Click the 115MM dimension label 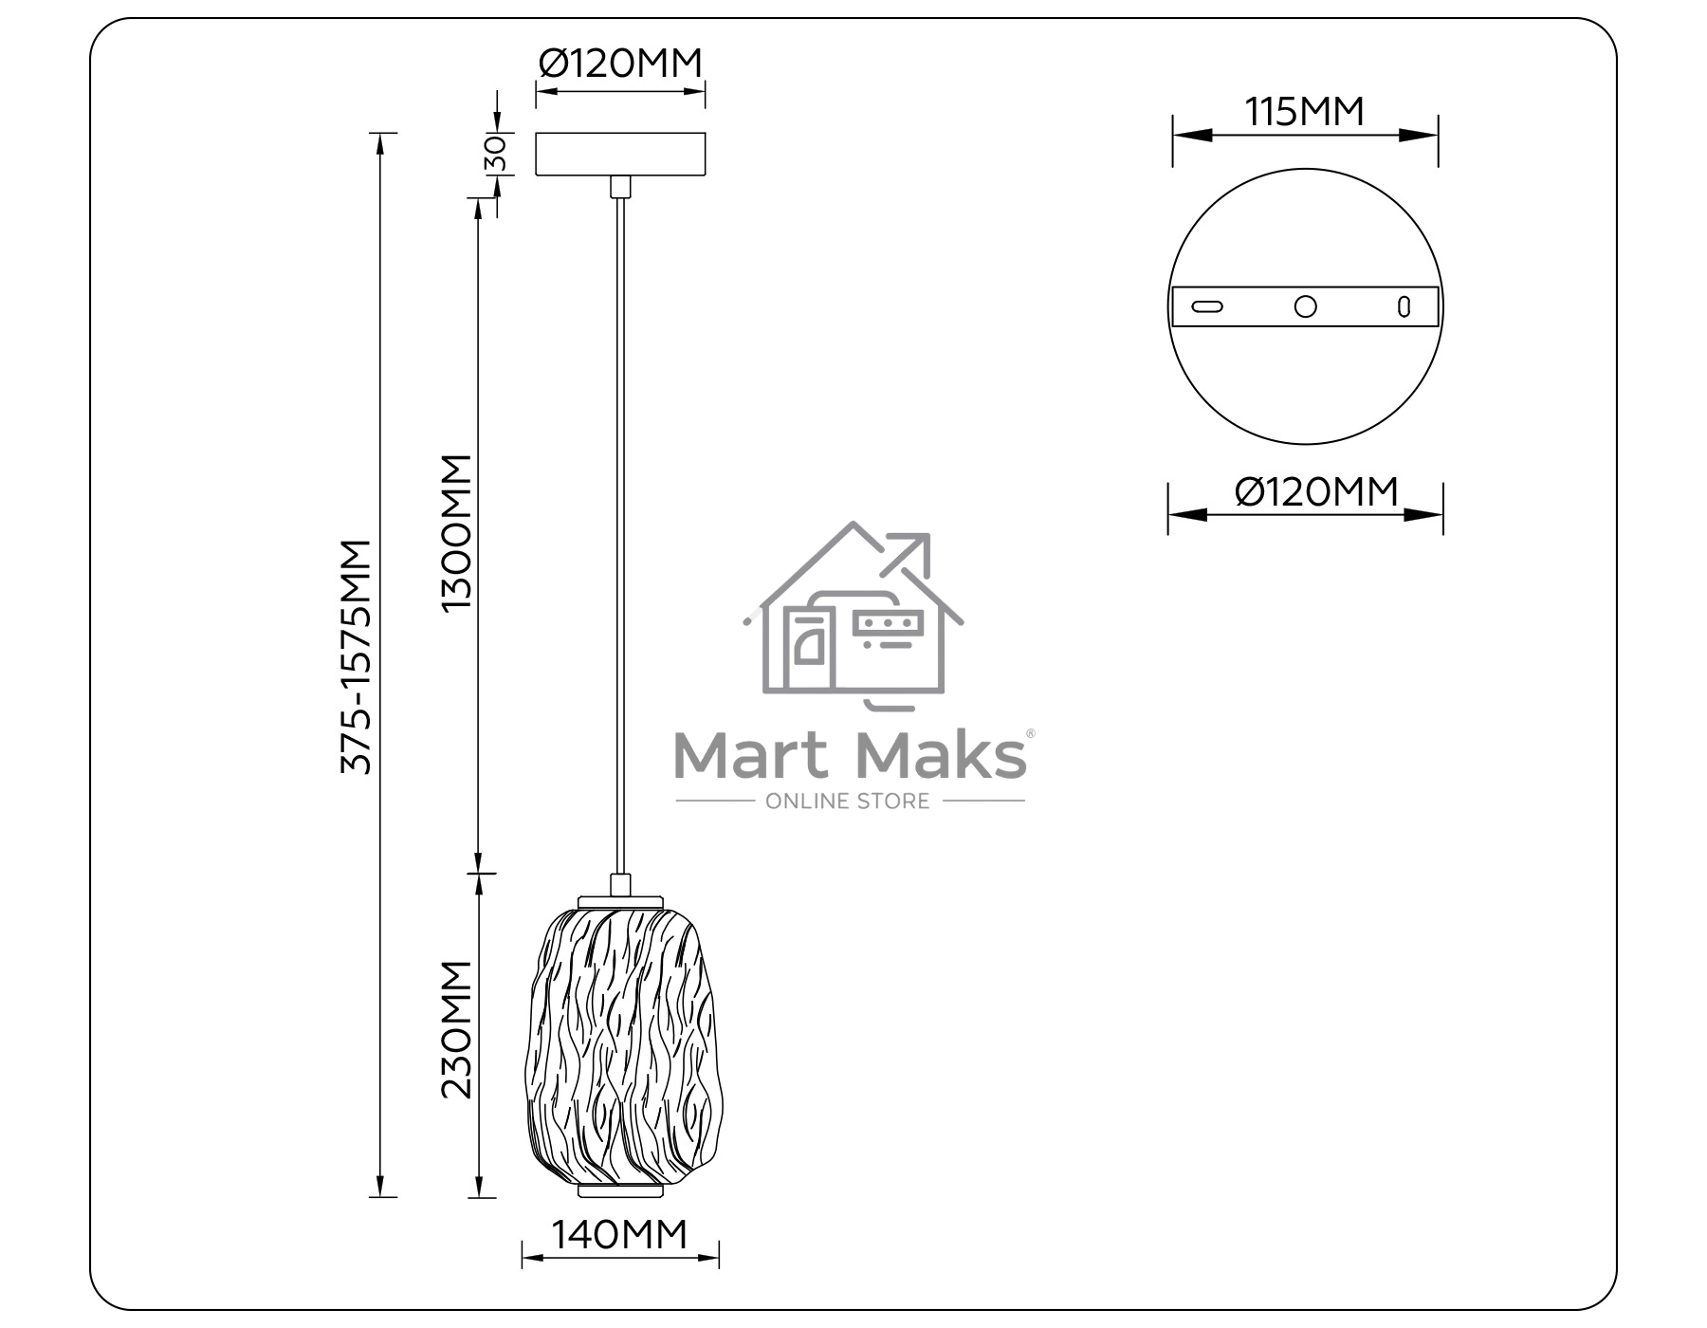[1305, 112]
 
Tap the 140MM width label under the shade [619, 1234]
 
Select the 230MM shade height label [456, 1029]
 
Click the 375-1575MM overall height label [357, 656]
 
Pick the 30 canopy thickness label [496, 154]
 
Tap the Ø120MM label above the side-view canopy [621, 63]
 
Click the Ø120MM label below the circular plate [1317, 491]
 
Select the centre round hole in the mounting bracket [1306, 306]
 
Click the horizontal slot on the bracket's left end [1207, 306]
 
